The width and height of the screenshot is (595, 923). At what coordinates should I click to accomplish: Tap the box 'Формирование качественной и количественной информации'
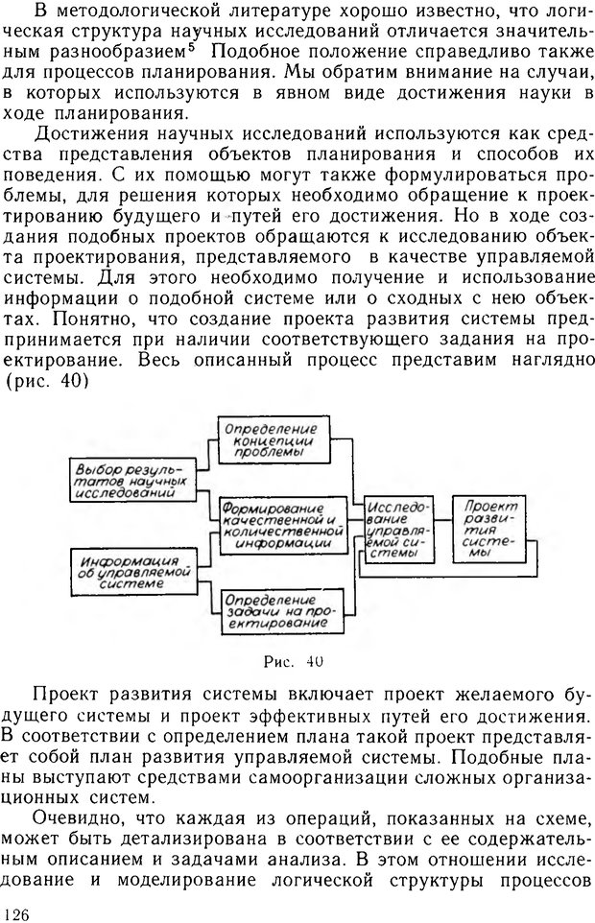pos(281,522)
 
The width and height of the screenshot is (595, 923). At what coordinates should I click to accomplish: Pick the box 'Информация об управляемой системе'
pos(132,570)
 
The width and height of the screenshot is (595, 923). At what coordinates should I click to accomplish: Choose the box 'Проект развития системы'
pos(488,529)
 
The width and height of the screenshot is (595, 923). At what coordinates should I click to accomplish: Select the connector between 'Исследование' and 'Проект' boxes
pos(444,527)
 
